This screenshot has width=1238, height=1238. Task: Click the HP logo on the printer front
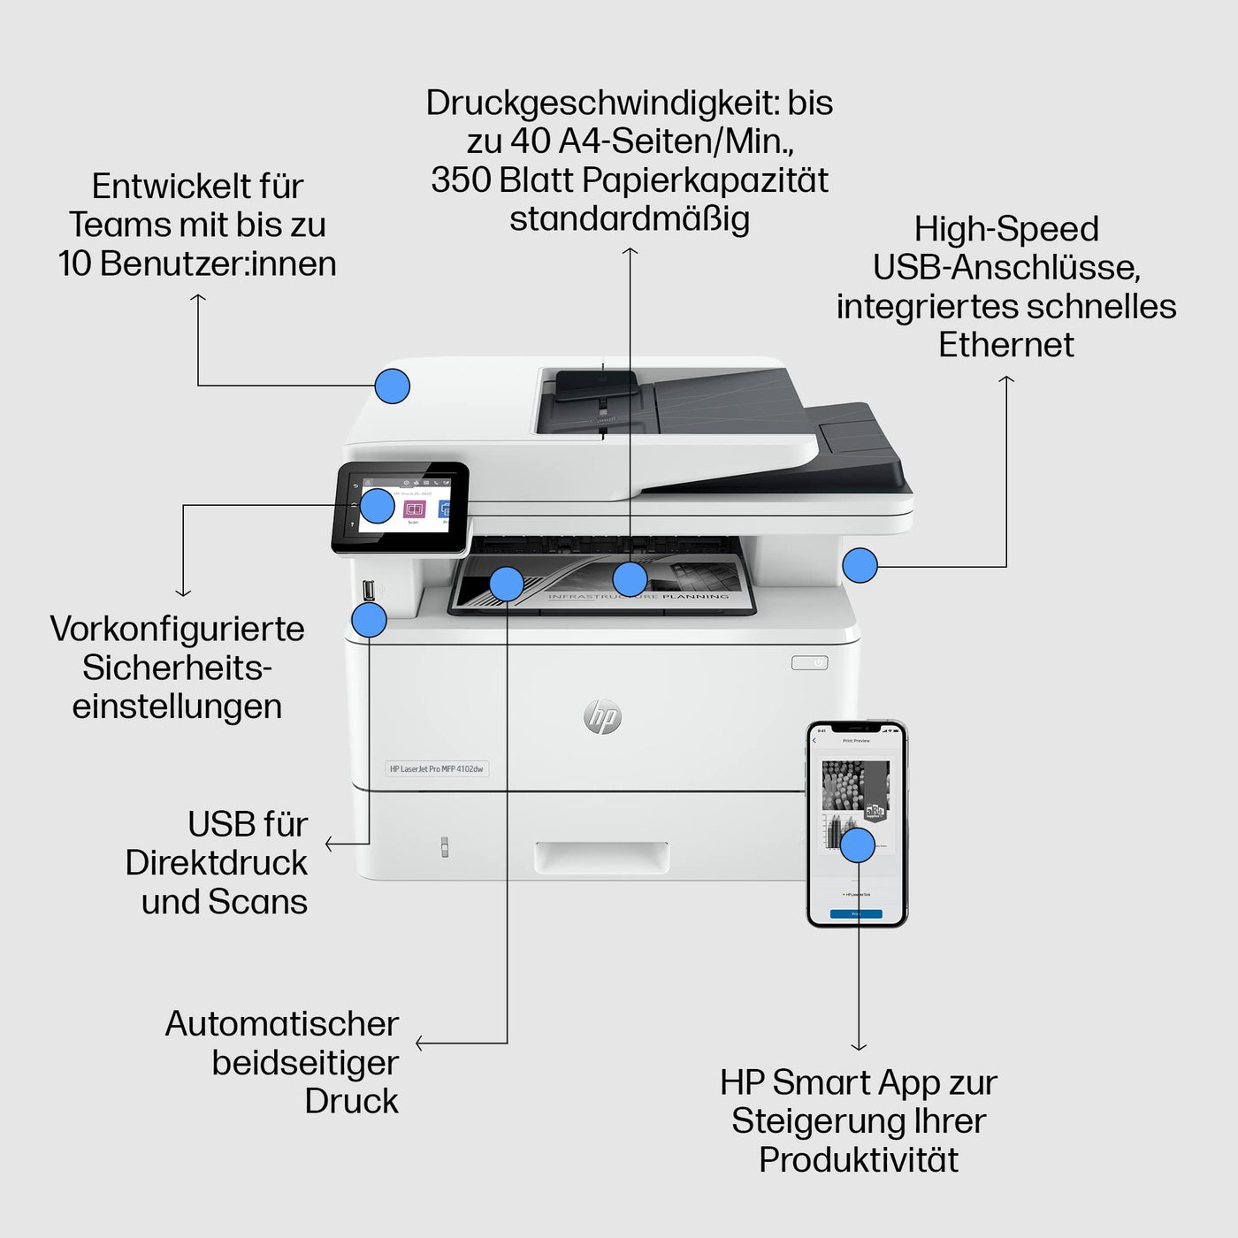point(602,716)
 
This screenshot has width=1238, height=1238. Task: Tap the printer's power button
point(809,662)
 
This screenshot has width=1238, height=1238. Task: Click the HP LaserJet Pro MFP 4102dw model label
point(437,769)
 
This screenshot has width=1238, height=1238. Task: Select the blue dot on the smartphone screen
point(857,844)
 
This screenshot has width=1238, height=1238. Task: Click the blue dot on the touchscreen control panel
point(378,506)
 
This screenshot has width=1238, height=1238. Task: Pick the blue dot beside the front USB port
point(369,620)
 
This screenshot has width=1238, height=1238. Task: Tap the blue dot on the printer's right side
point(860,565)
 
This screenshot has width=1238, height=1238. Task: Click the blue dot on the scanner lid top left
point(392,386)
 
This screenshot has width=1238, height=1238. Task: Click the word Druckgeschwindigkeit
point(602,103)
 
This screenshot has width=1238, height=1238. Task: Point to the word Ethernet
point(1005,345)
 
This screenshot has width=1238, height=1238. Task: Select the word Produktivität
point(858,1159)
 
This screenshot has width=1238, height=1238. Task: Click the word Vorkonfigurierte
point(177,629)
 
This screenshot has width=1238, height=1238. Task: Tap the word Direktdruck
point(216,863)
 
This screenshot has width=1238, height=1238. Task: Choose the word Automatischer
point(281,1024)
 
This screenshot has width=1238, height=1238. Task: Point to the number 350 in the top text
point(460,180)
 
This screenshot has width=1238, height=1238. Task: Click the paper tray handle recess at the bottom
point(601,857)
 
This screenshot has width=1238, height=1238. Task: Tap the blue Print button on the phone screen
point(856,913)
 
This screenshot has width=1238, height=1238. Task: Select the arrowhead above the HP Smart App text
point(858,1047)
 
